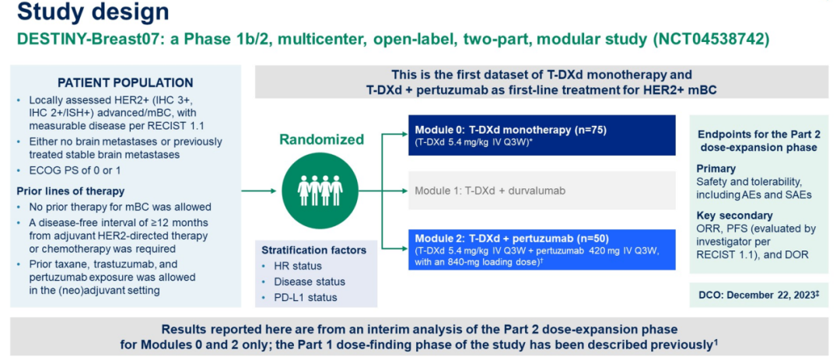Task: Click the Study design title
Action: point(93,13)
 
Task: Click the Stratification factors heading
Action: point(315,250)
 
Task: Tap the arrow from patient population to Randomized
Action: point(261,190)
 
